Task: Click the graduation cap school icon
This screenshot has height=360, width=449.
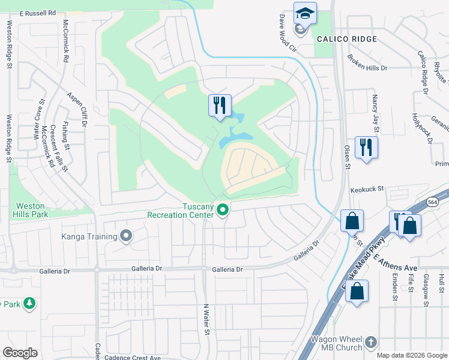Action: point(305,13)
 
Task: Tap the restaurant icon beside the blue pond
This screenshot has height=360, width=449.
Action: point(220,106)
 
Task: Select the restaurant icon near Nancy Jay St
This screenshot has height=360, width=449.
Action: point(366,147)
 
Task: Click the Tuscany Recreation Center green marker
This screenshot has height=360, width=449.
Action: point(223,210)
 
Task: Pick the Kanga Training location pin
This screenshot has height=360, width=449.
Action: point(126,236)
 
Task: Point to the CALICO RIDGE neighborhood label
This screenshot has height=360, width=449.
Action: point(347,39)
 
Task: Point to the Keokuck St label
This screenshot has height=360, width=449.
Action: point(367,188)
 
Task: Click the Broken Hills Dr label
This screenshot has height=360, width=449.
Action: point(367,64)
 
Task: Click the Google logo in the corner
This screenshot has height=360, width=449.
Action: point(20,352)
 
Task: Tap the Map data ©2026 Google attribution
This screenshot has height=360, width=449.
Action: point(411,355)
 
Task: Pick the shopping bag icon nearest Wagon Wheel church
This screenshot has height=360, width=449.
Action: point(357,292)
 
